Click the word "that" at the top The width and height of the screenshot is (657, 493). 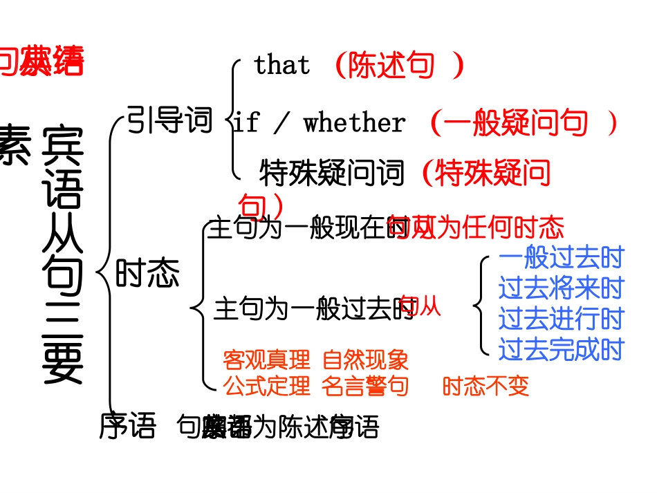(281, 66)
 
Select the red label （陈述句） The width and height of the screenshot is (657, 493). (398, 66)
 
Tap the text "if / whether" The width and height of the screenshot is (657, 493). (319, 123)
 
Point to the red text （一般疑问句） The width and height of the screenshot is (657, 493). (523, 123)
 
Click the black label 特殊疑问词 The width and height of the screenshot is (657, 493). (332, 173)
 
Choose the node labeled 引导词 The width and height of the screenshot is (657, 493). (170, 121)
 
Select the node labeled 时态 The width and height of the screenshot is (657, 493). (147, 273)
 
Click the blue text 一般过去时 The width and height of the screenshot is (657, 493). (561, 258)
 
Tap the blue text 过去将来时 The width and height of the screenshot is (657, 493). (561, 288)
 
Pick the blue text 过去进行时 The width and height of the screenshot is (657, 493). (561, 319)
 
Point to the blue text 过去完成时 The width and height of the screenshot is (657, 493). (561, 350)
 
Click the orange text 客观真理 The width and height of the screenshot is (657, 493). (266, 360)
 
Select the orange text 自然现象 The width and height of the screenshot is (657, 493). (365, 360)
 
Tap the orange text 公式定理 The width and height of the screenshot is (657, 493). (266, 386)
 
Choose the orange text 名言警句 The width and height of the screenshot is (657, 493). (365, 386)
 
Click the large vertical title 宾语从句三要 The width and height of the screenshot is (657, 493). (62, 256)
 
